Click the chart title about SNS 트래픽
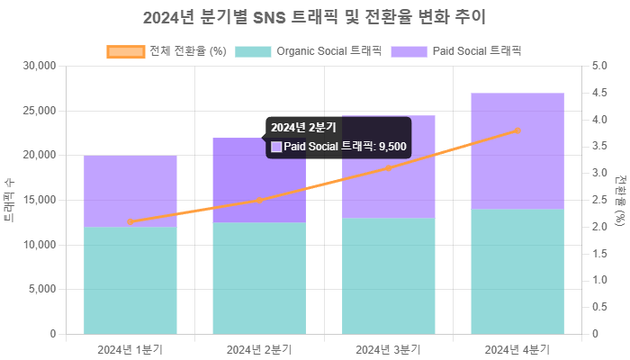click(315, 17)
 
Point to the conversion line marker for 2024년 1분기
click(130, 221)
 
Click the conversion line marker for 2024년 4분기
click(517, 130)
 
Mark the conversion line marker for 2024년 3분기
click(388, 168)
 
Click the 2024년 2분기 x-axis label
click(259, 348)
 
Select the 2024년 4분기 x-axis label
click(517, 348)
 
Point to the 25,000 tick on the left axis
click(40, 111)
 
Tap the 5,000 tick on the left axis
click(42, 289)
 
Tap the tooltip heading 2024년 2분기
click(303, 128)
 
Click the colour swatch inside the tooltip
click(276, 147)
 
